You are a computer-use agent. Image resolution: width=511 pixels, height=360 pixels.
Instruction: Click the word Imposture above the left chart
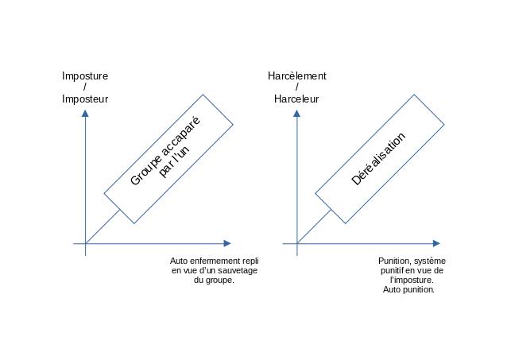tap(85, 76)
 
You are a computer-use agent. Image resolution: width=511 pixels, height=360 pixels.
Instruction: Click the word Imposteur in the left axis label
tap(85, 99)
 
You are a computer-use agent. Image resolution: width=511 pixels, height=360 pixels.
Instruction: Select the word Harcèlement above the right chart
tap(297, 76)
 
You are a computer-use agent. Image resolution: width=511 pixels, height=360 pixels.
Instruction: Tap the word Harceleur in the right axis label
tap(296, 99)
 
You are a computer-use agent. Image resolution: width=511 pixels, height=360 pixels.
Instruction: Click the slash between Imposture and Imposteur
tap(85, 87)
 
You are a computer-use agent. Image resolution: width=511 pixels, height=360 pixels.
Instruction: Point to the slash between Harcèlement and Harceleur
tap(296, 87)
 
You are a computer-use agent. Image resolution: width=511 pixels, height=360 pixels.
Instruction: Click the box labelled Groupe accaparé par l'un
tap(169, 158)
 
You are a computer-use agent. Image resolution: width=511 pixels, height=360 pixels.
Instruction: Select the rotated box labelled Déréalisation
tap(380, 158)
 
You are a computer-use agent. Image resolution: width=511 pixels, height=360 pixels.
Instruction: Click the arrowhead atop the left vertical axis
tap(85, 113)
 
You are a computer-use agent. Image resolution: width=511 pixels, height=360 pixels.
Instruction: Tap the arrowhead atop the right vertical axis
tap(297, 113)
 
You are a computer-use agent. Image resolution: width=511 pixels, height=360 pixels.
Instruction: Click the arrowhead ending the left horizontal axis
tap(227, 243)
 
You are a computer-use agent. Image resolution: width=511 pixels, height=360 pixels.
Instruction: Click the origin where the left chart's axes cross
tap(85, 243)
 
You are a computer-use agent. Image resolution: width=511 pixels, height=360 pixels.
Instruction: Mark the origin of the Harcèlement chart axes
tap(297, 243)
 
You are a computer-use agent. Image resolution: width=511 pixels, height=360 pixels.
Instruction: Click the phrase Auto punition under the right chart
tap(408, 290)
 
